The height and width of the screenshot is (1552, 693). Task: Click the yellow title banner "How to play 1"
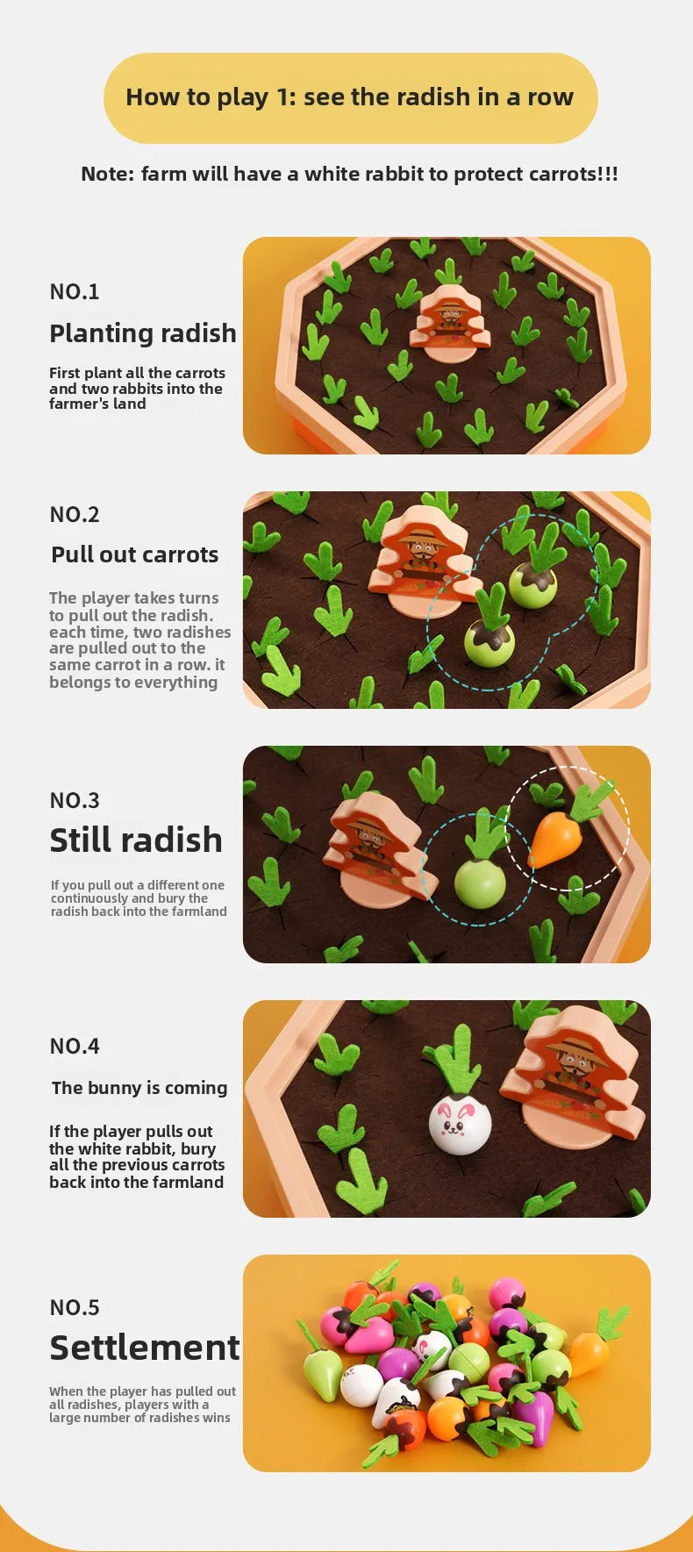[350, 97]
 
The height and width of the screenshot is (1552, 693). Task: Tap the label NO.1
[75, 291]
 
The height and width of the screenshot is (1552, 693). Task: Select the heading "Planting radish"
[143, 333]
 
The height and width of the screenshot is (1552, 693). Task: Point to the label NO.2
[75, 514]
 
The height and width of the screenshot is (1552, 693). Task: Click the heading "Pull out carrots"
[135, 554]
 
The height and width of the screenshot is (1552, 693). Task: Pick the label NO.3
[75, 800]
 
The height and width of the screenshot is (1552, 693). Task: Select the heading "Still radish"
[136, 840]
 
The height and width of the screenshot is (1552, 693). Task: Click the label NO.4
[75, 1046]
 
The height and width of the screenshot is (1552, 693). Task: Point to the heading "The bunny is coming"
[139, 1088]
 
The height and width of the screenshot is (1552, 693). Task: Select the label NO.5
[75, 1307]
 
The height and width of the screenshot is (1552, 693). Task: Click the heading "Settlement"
[145, 1348]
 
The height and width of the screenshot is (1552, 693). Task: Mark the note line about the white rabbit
[349, 174]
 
